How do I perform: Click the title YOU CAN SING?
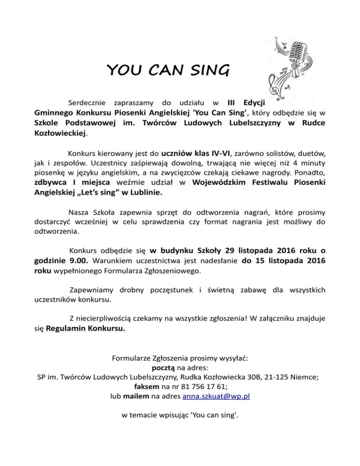click(x=168, y=71)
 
